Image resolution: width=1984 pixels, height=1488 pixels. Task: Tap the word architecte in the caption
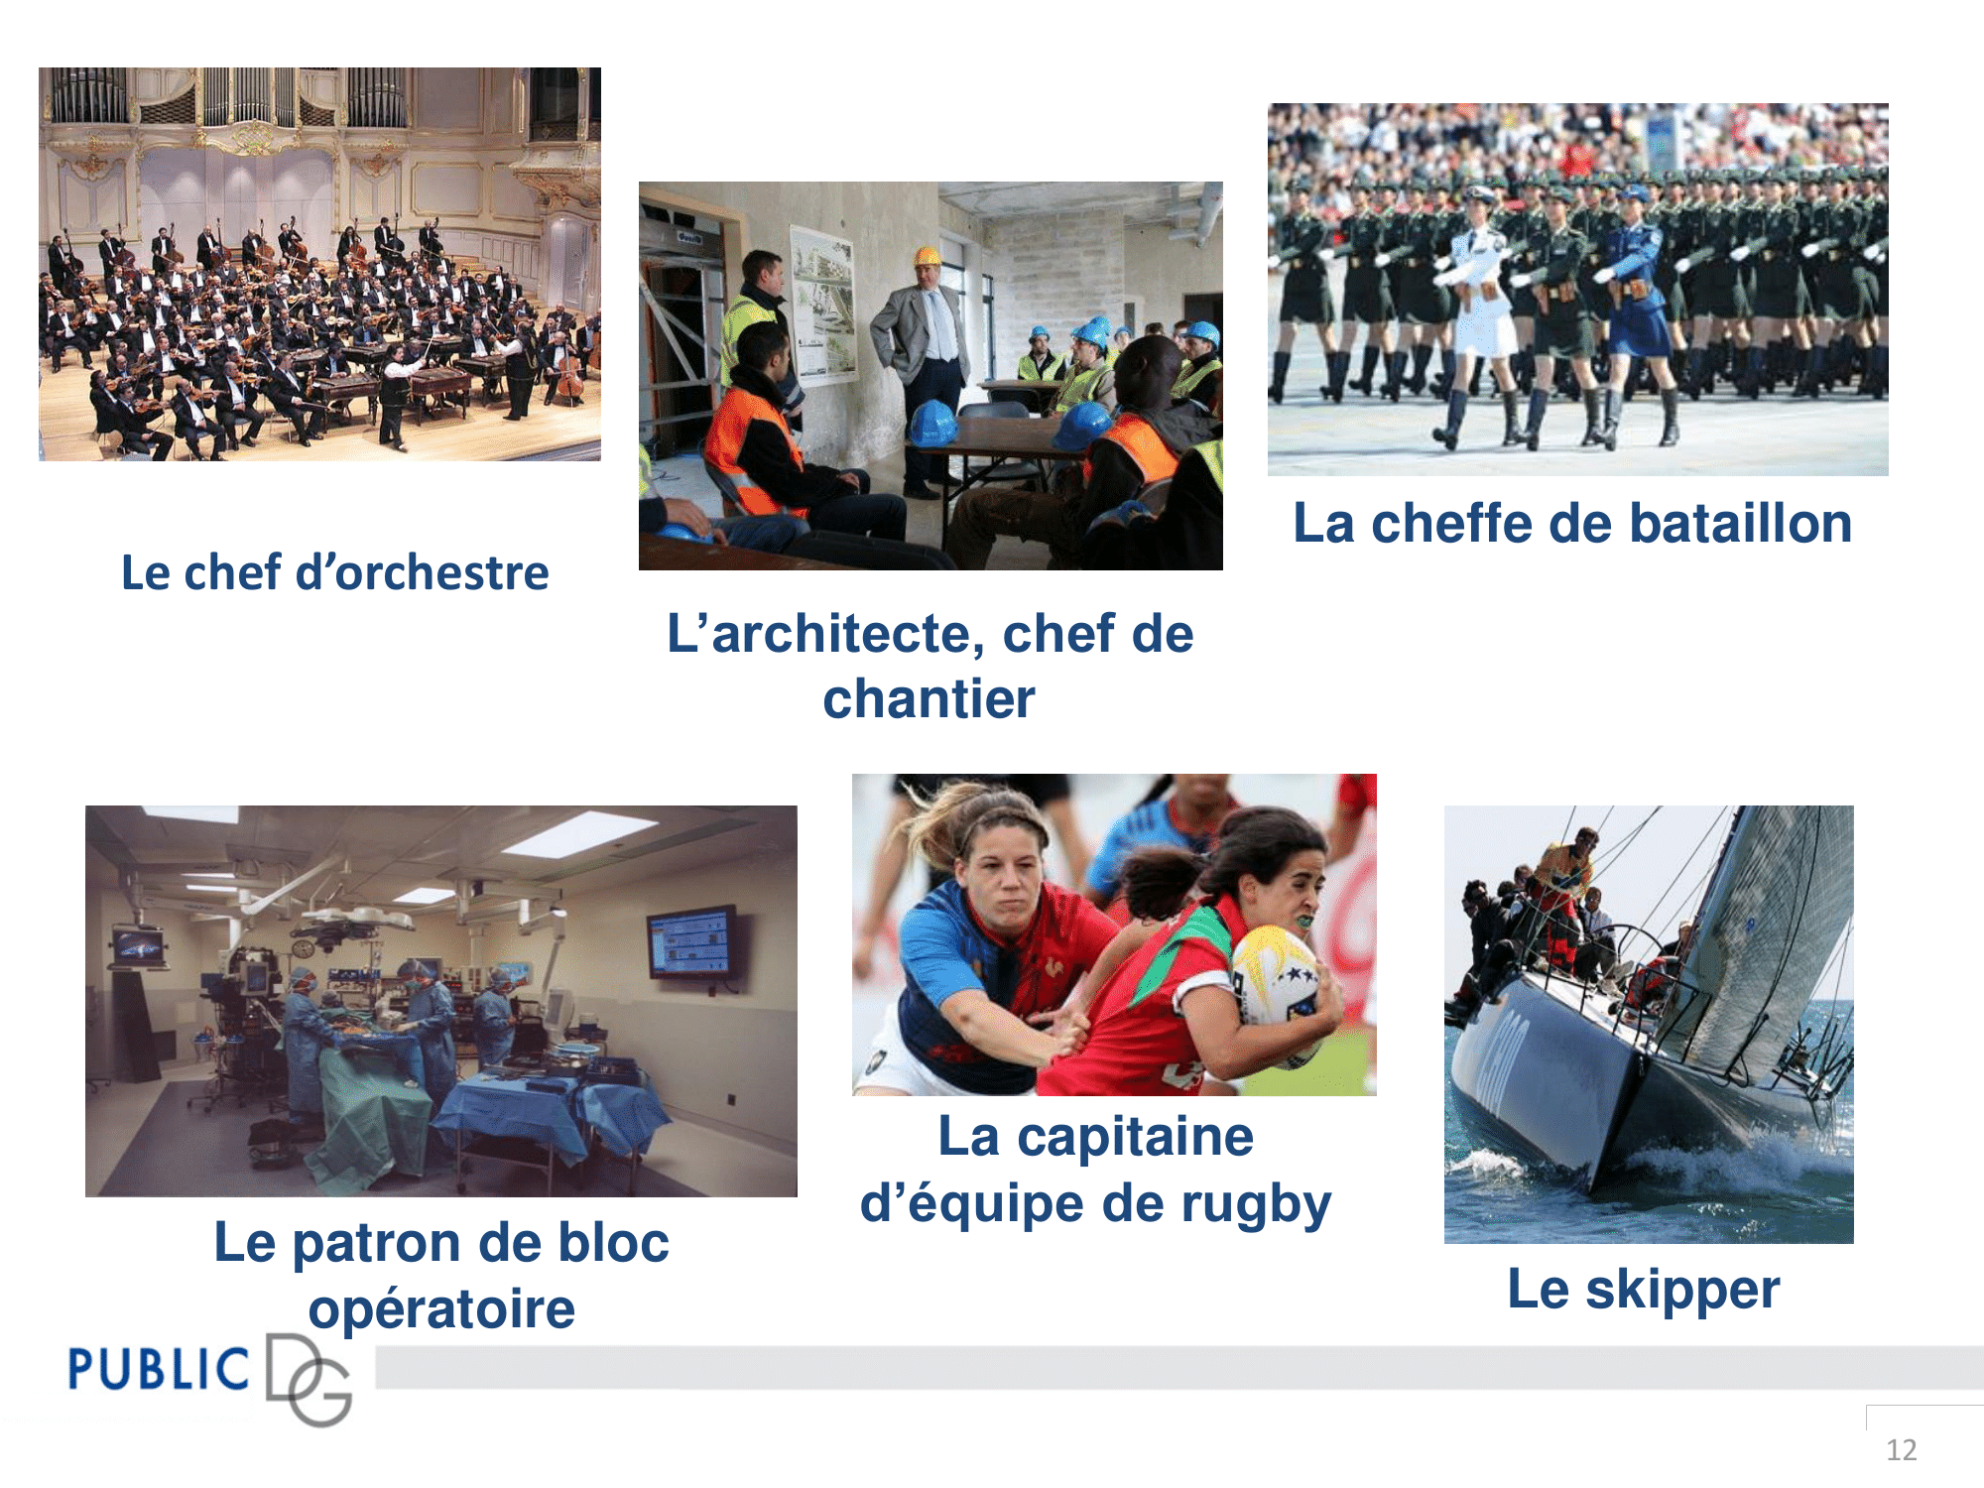[x=840, y=634]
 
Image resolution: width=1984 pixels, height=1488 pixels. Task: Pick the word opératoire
[x=441, y=1308]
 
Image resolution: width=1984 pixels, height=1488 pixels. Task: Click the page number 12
[x=1901, y=1449]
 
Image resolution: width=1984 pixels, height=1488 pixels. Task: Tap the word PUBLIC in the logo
[x=159, y=1370]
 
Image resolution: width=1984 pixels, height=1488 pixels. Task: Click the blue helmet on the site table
[x=931, y=423]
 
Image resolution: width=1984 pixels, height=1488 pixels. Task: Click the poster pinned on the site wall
[x=822, y=303]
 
